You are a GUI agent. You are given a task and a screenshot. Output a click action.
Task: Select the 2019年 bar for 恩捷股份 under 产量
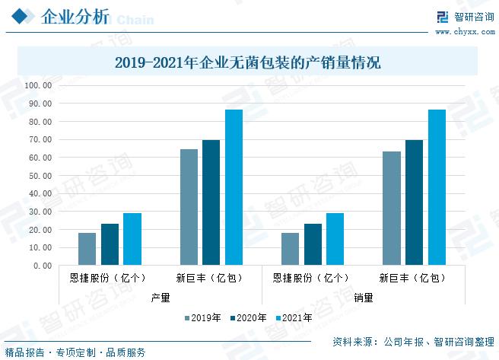(x=87, y=249)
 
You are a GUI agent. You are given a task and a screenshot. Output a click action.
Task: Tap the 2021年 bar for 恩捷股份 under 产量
(x=132, y=239)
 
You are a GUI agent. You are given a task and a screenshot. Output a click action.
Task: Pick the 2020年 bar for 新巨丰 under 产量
(x=211, y=202)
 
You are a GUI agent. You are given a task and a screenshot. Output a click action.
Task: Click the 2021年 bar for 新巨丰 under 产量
(x=234, y=187)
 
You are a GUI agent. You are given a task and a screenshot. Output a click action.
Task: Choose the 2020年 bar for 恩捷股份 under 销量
(x=312, y=244)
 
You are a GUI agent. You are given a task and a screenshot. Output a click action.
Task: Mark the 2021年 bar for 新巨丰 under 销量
(x=437, y=187)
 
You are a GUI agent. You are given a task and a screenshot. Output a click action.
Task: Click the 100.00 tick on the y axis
(x=37, y=85)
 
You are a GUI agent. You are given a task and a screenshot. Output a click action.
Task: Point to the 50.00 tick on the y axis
(x=39, y=176)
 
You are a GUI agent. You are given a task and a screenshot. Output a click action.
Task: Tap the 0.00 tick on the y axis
(x=41, y=266)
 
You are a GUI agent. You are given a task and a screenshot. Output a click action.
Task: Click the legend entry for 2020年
(x=247, y=317)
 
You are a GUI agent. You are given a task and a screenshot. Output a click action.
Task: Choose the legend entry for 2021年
(x=293, y=317)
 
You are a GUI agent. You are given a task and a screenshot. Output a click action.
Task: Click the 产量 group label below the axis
(x=160, y=297)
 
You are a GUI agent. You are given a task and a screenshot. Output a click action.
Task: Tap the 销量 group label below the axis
(x=363, y=297)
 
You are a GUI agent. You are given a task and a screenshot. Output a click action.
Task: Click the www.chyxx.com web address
(x=462, y=31)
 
